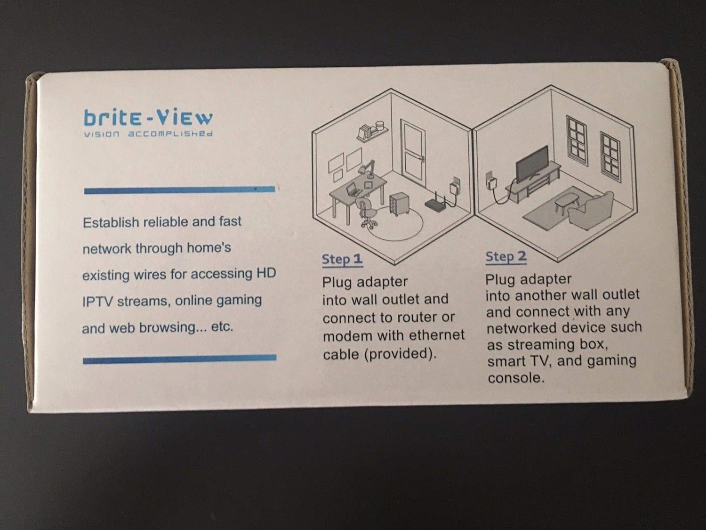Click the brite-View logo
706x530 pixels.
[148, 118]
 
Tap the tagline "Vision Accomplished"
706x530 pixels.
[148, 133]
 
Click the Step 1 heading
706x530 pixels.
[342, 259]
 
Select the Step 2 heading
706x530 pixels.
[506, 256]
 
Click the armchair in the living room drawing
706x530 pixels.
[591, 210]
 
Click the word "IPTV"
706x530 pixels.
[98, 302]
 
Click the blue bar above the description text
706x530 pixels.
[179, 190]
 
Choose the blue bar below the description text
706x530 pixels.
[179, 359]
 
